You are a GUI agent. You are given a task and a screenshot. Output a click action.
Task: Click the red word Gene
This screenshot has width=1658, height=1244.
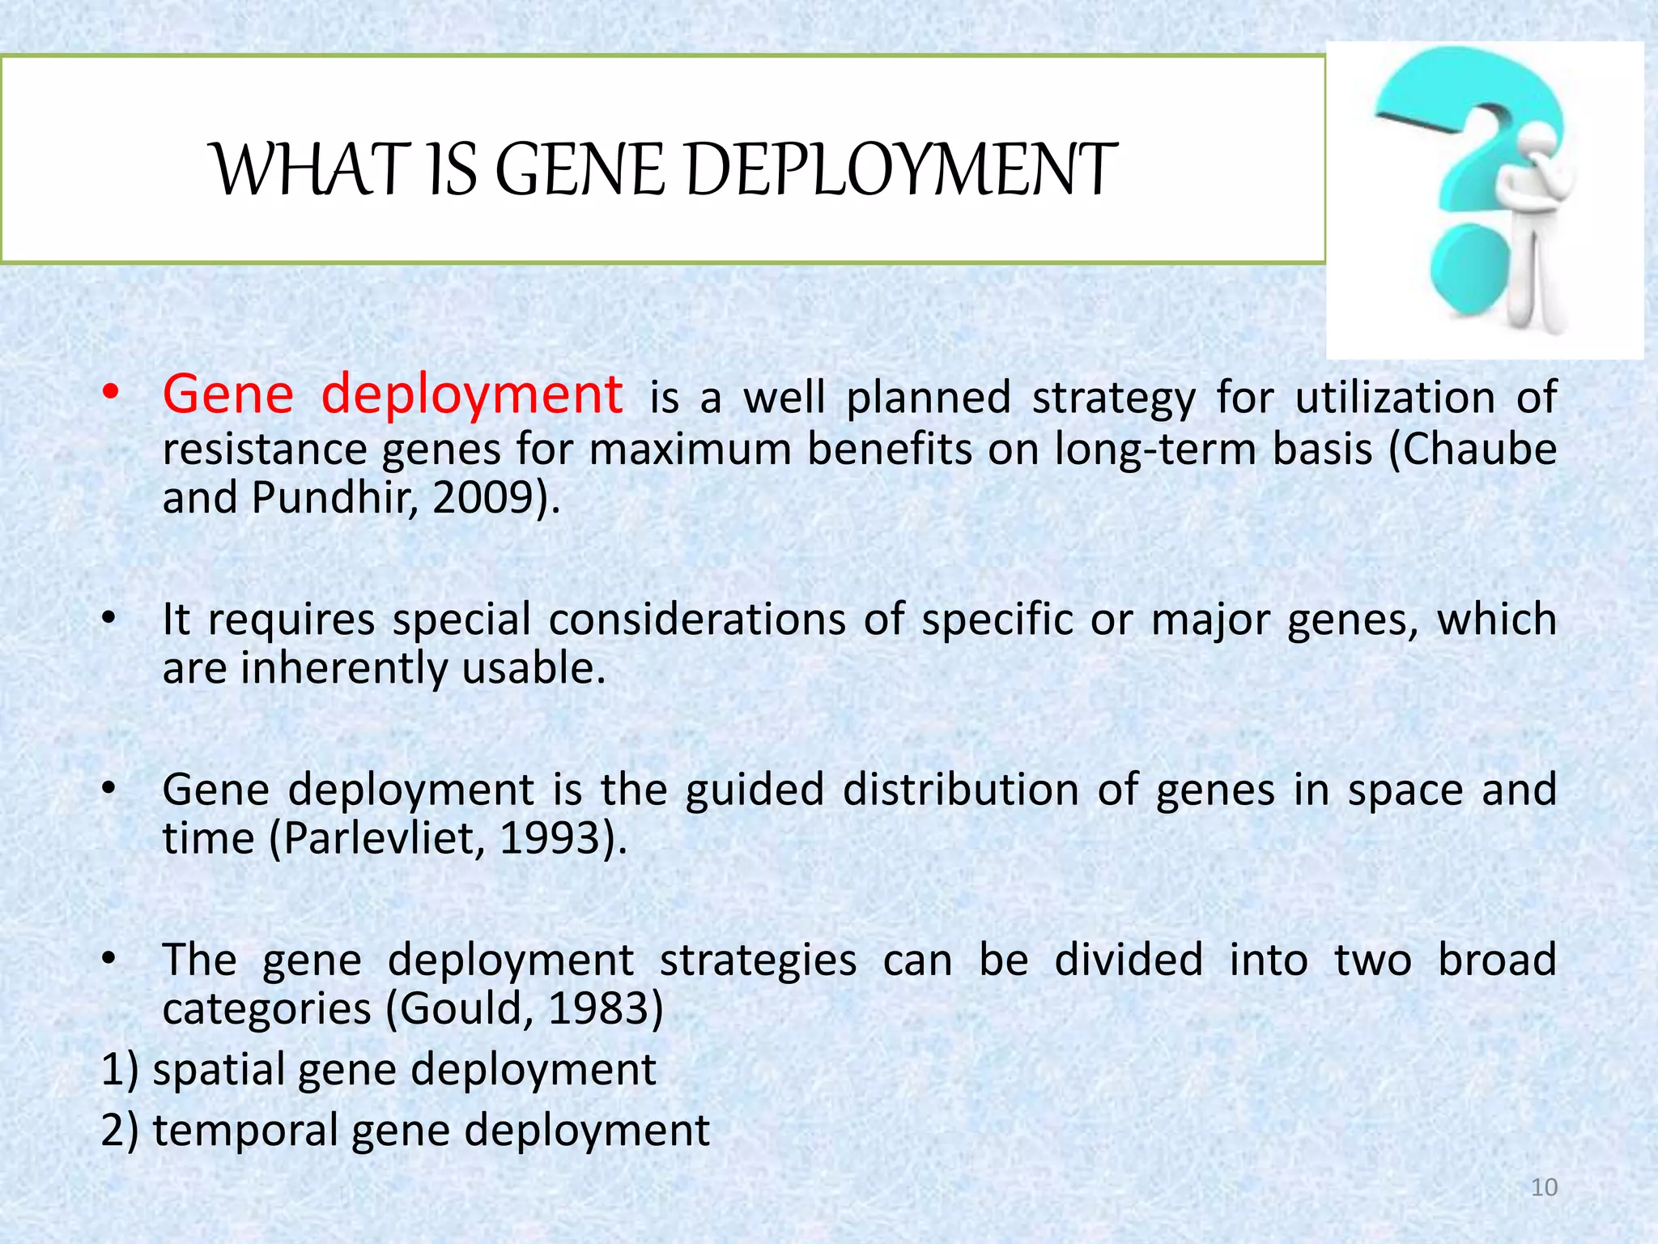coord(228,395)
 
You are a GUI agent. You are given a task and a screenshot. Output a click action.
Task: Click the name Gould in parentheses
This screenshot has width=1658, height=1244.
coord(460,1008)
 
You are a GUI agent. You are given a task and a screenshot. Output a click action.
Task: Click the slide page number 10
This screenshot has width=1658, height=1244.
coord(1544,1187)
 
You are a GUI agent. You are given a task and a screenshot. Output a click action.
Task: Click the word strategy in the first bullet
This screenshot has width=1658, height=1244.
coord(1113,398)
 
